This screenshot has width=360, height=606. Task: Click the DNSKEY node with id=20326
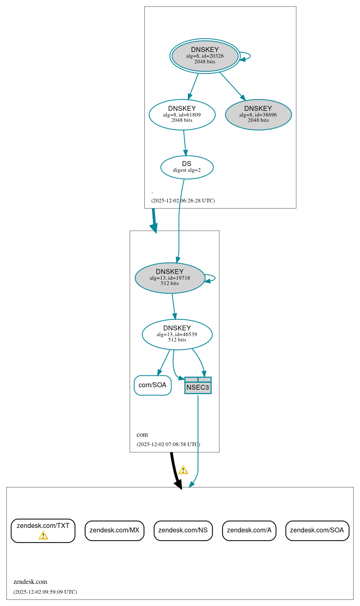pos(205,56)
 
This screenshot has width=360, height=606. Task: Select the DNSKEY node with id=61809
pos(182,115)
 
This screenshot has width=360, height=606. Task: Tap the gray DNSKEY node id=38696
pos(258,115)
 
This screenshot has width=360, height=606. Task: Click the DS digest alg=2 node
pos(187,167)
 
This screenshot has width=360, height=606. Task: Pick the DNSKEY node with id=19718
pos(170,278)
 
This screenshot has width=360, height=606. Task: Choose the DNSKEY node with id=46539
pos(177,334)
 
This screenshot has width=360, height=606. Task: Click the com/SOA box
pos(153,385)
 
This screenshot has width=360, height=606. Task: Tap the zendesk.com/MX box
pos(115,530)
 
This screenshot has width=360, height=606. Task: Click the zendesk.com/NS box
pos(183,530)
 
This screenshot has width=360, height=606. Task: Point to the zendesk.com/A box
pos(249,530)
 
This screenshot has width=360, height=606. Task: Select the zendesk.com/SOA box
pos(317,530)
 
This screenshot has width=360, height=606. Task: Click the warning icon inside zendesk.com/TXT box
pos(43,536)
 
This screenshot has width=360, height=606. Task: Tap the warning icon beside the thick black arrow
pos(183,470)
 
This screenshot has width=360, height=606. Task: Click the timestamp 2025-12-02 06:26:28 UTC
pos(183,201)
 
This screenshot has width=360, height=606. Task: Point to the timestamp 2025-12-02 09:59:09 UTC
pos(45,592)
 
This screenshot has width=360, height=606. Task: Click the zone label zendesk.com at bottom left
pos(30,582)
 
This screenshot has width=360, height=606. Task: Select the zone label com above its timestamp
pos(142,435)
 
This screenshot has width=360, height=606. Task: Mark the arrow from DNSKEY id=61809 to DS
pos(184,143)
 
